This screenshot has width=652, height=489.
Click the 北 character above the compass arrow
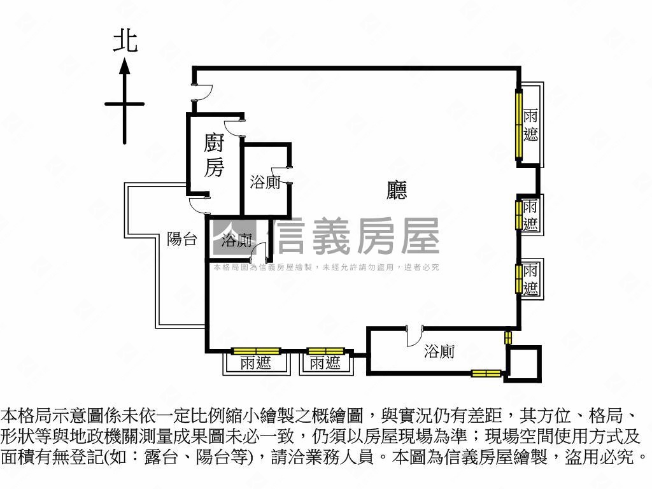coord(125,42)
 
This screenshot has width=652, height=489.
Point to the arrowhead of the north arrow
coord(125,65)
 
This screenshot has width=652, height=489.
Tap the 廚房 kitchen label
coord(214,155)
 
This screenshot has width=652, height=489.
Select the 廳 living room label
coord(397,190)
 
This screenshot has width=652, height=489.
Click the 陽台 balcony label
coord(181,239)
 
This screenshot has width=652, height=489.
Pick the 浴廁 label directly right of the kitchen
coord(265,183)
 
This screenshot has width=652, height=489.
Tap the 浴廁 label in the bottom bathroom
coord(439,351)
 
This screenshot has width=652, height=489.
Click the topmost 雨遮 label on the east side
coord(530,125)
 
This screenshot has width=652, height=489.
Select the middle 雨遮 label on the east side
coord(530,215)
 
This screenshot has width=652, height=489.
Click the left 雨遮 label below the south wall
coord(256,364)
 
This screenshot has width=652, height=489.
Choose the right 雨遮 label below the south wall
coord(325,364)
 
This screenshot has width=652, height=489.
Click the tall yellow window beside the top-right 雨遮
coord(519,125)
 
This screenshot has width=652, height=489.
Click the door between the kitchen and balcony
coord(200,205)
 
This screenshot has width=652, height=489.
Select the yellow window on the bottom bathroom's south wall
coord(486,373)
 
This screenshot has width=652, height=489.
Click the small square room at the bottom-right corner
coord(523,364)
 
